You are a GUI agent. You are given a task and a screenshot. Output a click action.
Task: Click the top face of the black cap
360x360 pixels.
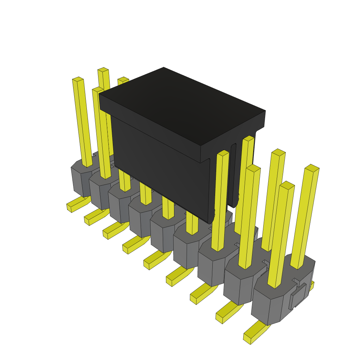[181, 105]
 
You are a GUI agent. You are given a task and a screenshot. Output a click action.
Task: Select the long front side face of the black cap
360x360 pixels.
[158, 158]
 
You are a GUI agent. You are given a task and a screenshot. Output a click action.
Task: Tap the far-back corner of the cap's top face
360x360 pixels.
[164, 68]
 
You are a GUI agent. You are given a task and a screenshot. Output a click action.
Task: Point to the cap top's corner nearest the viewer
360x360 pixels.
[200, 146]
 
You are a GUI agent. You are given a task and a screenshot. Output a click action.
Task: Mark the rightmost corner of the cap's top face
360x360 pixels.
[265, 111]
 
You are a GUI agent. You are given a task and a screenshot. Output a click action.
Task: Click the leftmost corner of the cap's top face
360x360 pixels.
[99, 94]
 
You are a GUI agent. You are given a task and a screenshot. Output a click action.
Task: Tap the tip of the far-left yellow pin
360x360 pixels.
[78, 79]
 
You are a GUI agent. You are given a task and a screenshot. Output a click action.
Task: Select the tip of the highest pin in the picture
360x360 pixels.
[103, 70]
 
